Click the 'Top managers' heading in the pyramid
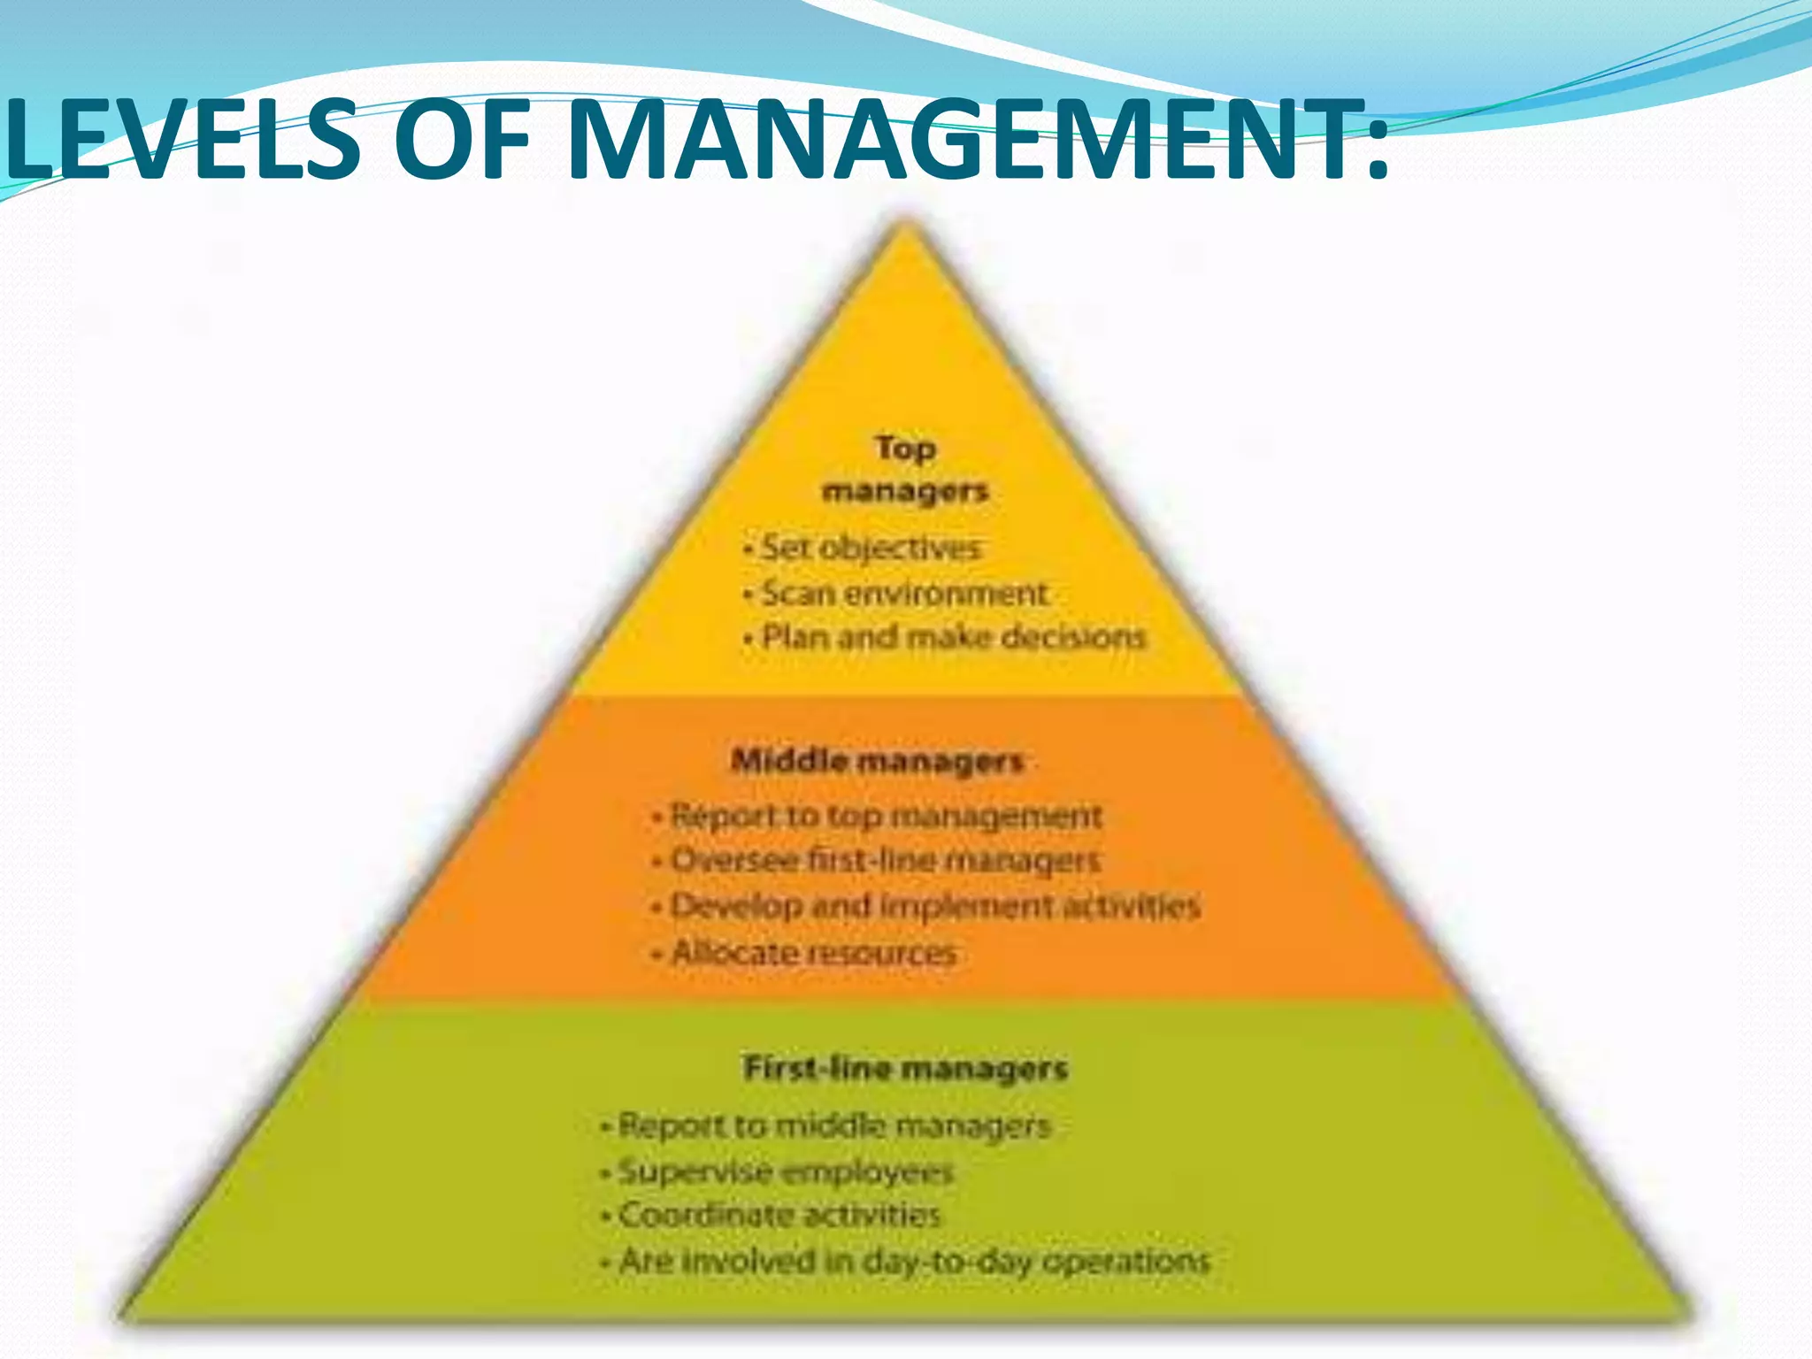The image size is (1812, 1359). tap(904, 469)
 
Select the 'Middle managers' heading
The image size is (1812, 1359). tap(878, 761)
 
